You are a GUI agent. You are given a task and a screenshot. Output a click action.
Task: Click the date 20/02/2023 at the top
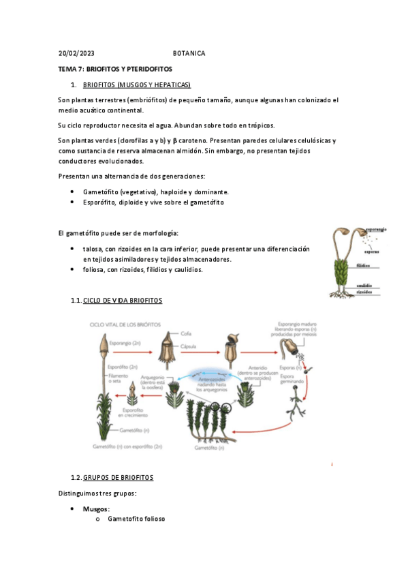[76, 53]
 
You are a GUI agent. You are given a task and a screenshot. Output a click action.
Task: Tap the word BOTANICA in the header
[189, 53]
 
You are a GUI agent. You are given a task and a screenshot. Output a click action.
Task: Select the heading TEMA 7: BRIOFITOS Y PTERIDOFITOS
[115, 70]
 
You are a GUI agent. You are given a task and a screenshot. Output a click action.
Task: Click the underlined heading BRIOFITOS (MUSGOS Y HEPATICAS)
[137, 85]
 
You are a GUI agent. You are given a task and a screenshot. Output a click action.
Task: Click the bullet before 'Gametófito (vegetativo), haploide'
[73, 192]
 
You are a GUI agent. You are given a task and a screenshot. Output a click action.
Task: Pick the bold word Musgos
[96, 508]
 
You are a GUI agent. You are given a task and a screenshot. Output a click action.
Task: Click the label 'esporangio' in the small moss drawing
[377, 230]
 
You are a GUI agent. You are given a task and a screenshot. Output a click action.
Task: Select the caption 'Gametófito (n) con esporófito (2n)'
[127, 446]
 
